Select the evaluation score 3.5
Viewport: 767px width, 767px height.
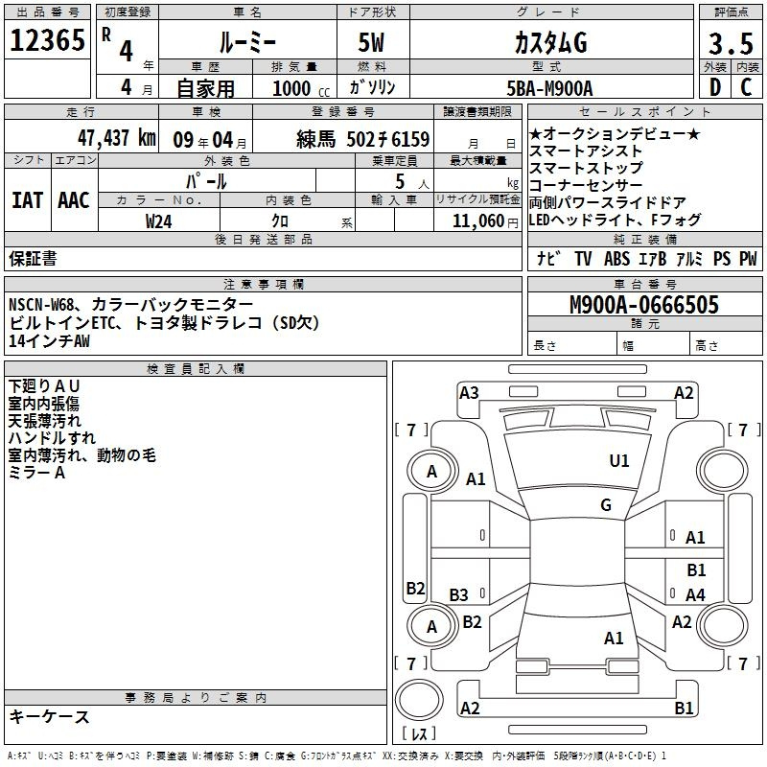pyautogui.click(x=730, y=43)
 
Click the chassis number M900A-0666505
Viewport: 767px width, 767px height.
pyautogui.click(x=643, y=306)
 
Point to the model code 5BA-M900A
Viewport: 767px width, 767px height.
pyautogui.click(x=549, y=88)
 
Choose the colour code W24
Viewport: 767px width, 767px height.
pyautogui.click(x=159, y=221)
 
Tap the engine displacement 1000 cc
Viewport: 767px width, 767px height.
pyautogui.click(x=295, y=88)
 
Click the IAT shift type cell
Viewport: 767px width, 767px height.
pyautogui.click(x=27, y=200)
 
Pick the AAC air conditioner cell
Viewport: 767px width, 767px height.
pyautogui.click(x=74, y=200)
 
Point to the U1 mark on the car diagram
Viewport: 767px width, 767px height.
pyautogui.click(x=619, y=461)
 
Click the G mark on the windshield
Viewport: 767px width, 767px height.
pyautogui.click(x=606, y=505)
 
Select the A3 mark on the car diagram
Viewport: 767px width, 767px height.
pyautogui.click(x=469, y=392)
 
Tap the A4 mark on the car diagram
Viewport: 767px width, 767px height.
pyautogui.click(x=695, y=595)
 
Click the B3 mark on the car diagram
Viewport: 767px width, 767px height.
pyautogui.click(x=459, y=595)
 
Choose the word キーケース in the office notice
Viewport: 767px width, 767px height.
pyautogui.click(x=50, y=717)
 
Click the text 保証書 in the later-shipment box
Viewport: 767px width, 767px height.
pyautogui.click(x=33, y=258)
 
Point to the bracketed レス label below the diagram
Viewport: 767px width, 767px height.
pyautogui.click(x=419, y=735)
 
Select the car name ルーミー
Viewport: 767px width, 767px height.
pyautogui.click(x=246, y=43)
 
